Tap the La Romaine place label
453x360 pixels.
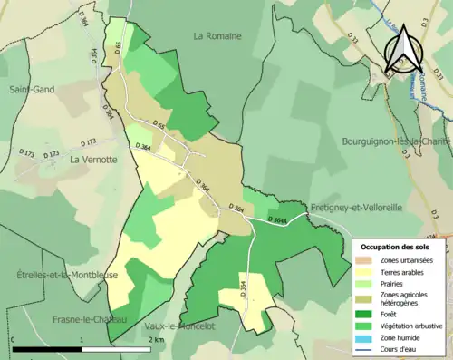click(x=217, y=35)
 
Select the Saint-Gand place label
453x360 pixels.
click(x=31, y=90)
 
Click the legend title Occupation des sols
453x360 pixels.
click(x=397, y=246)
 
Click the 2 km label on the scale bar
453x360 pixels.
click(x=158, y=339)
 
